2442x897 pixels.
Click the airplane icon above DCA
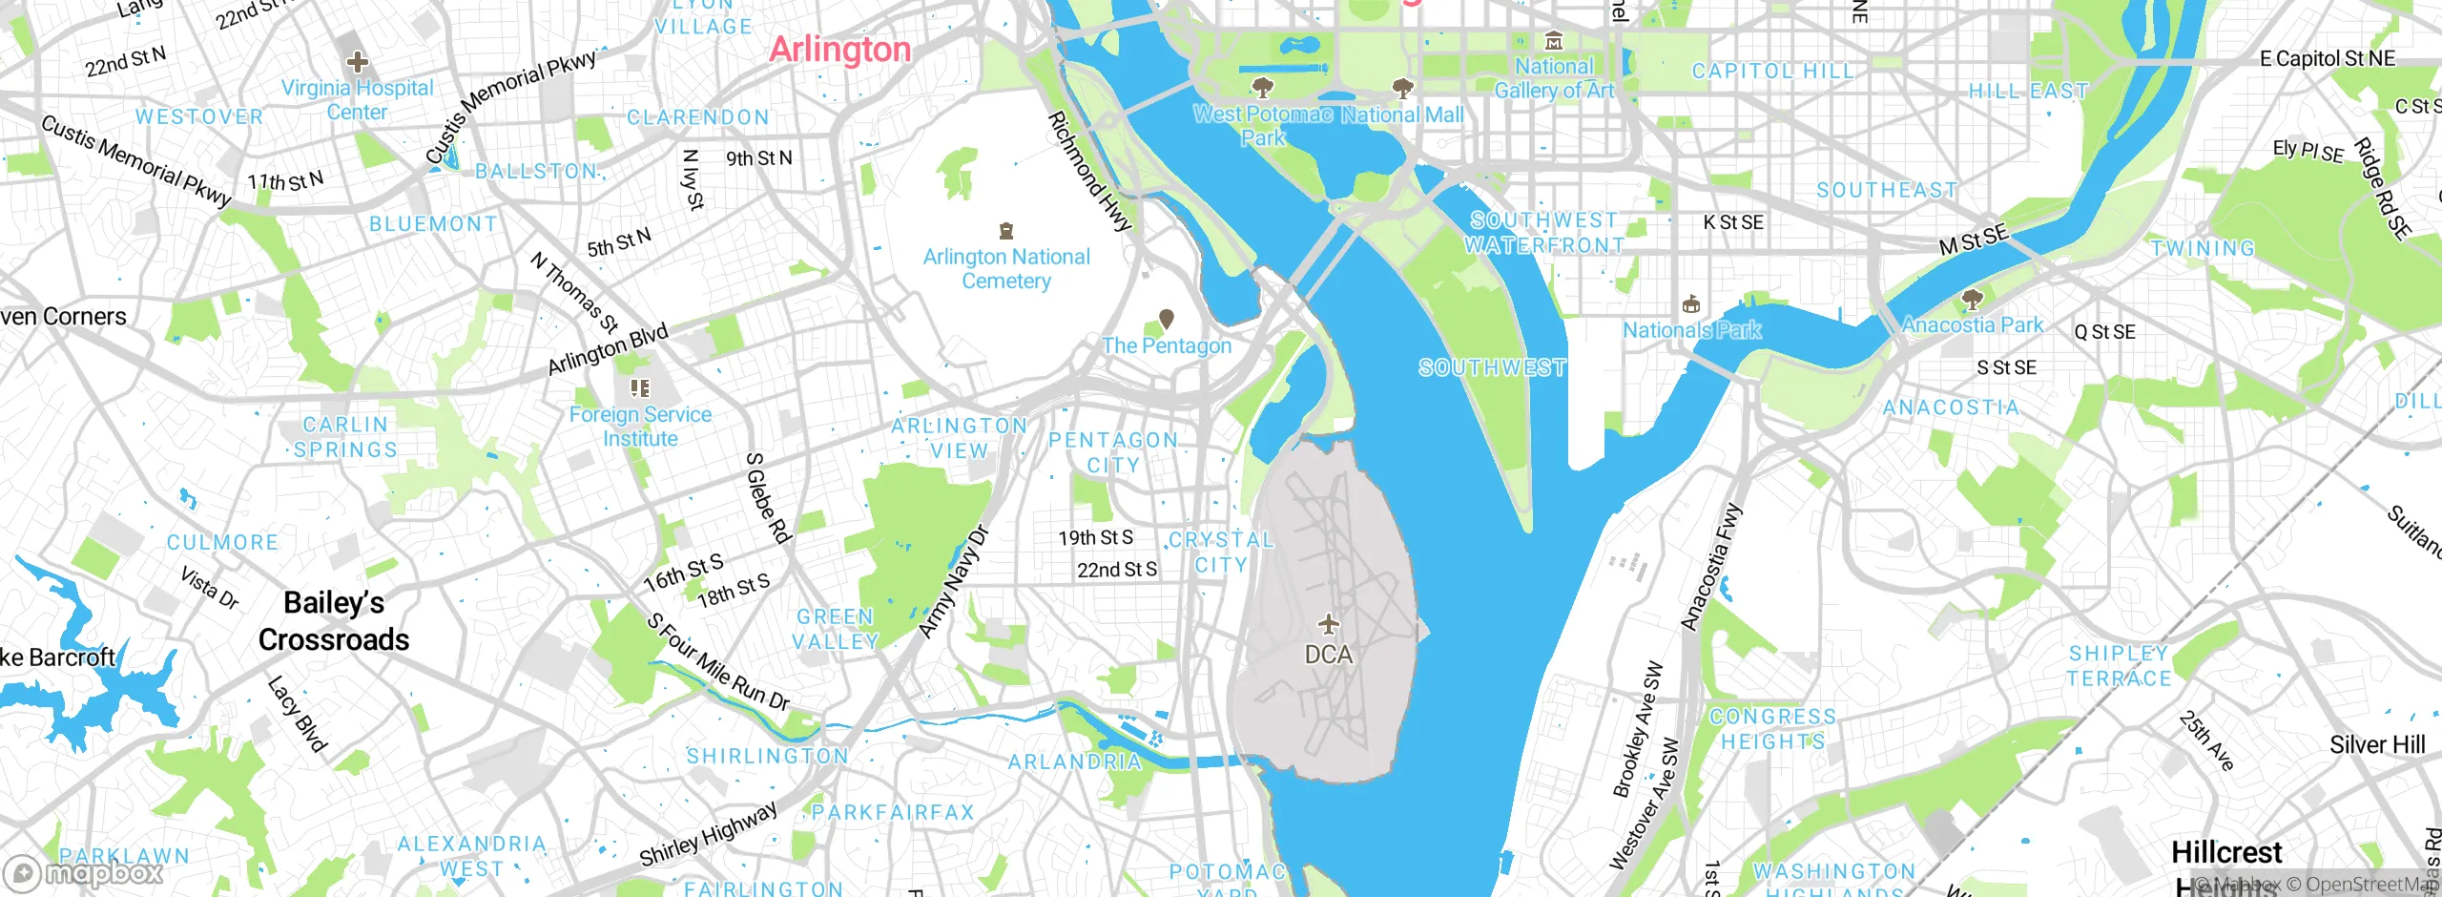click(x=1328, y=625)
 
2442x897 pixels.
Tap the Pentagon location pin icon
click(x=1166, y=319)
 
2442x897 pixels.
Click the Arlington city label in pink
click(x=839, y=49)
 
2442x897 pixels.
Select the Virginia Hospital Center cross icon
click(x=358, y=63)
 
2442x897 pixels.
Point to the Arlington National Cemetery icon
click(x=1005, y=231)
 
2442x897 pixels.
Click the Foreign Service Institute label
click(x=640, y=427)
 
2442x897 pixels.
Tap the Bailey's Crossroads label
click(x=334, y=621)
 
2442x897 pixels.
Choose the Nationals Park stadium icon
click(x=1691, y=305)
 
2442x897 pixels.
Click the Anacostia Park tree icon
click(x=1972, y=301)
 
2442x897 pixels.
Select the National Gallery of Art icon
click(x=1554, y=41)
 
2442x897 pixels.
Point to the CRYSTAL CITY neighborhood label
click(x=1221, y=553)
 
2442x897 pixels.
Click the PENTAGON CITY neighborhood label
click(x=1113, y=452)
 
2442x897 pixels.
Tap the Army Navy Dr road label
click(x=954, y=581)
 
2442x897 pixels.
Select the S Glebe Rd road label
click(x=768, y=498)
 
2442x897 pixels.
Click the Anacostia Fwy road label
click(x=1710, y=567)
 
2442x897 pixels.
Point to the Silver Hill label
click(x=2376, y=745)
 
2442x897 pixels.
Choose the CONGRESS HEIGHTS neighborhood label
click(x=1772, y=729)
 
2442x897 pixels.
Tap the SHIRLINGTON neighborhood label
click(x=768, y=757)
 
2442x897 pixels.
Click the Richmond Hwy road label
click(x=1089, y=172)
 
